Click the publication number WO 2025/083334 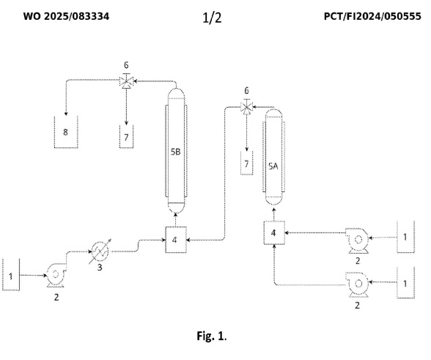click(x=66, y=16)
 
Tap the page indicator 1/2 click(x=212, y=18)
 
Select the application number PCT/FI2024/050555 click(x=372, y=16)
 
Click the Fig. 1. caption click(x=211, y=336)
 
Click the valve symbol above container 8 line click(x=126, y=81)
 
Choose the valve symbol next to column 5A click(x=246, y=106)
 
